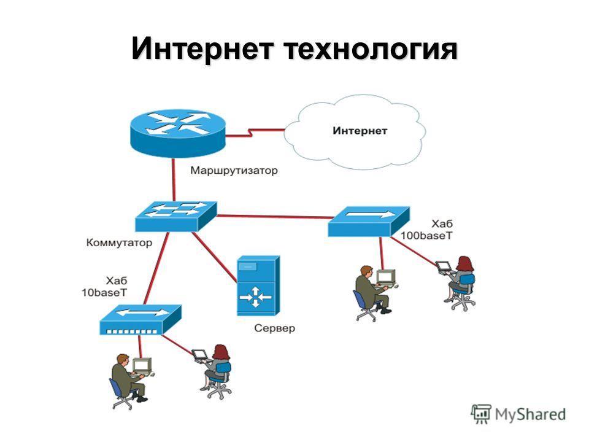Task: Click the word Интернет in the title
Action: click(202, 49)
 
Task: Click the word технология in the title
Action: click(370, 50)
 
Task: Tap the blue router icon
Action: click(178, 133)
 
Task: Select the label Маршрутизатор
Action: click(234, 170)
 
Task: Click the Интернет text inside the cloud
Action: click(360, 131)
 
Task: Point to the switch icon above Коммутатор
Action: click(176, 216)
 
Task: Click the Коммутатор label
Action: click(119, 242)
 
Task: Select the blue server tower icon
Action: click(258, 285)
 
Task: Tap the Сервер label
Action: click(275, 328)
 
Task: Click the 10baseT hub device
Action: click(141, 319)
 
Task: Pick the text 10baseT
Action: click(104, 292)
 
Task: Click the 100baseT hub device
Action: click(369, 222)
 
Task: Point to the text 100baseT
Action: click(426, 236)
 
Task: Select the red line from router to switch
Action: click(174, 180)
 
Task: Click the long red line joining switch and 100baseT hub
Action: click(275, 217)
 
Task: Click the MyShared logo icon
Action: click(481, 414)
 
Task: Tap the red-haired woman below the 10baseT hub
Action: click(215, 371)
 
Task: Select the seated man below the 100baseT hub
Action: click(372, 293)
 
